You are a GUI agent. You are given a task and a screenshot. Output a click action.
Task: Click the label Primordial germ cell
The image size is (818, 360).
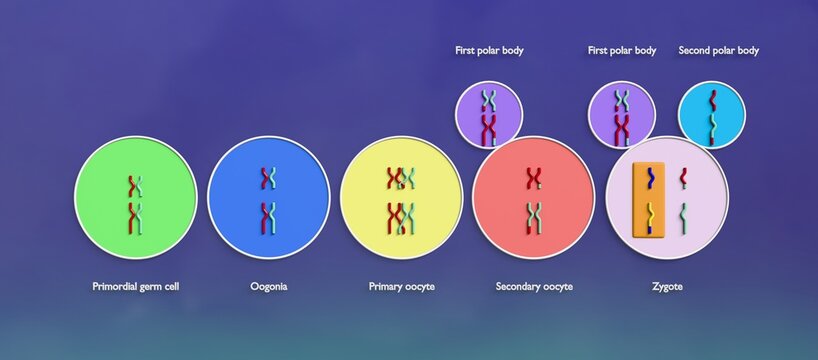coord(136,287)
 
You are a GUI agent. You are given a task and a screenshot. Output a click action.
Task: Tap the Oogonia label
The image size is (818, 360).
coord(269,287)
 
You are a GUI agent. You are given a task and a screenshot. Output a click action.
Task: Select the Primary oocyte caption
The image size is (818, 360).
coord(401,287)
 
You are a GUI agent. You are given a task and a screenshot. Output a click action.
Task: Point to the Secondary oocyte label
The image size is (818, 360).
coord(534,287)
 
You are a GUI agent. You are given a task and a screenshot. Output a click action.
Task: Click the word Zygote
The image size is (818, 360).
coord(666,287)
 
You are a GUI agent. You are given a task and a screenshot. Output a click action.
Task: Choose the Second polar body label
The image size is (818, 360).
coord(718,50)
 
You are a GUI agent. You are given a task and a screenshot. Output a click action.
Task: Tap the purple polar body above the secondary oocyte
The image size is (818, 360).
coord(488,113)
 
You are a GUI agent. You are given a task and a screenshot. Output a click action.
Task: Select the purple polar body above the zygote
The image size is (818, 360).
coord(621,113)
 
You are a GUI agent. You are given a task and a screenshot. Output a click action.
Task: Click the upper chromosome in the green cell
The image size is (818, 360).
coord(135,185)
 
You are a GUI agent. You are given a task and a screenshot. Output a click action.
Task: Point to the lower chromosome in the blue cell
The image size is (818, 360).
coord(268,216)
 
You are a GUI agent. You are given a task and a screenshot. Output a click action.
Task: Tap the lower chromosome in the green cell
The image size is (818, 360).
coord(135,217)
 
